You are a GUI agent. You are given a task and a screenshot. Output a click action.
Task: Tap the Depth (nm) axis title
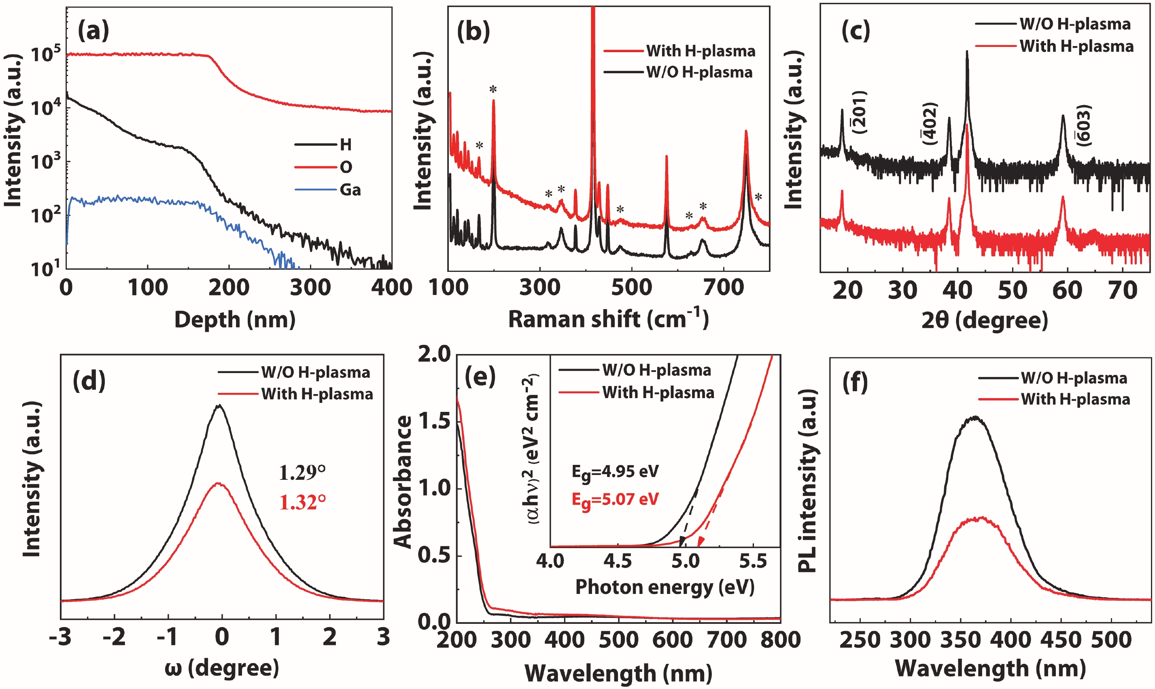235,320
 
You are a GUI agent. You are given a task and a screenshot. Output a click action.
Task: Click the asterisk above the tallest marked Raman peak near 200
493,89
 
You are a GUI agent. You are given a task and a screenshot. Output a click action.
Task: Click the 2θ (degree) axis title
985,320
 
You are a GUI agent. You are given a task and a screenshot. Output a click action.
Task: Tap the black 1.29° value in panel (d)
302,473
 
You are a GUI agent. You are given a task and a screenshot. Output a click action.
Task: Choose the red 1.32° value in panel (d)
302,503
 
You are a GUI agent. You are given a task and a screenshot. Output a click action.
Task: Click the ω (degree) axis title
222,668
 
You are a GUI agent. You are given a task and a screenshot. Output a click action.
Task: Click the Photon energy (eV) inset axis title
665,587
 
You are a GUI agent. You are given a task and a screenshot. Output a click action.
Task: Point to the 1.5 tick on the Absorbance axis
434,421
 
